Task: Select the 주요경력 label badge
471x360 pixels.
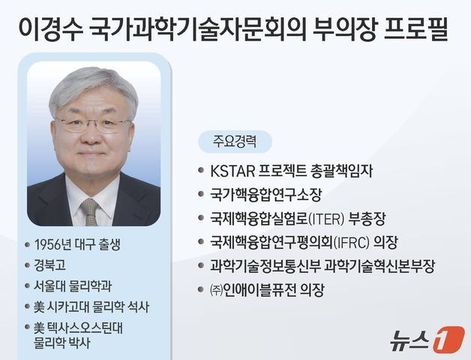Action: coord(234,141)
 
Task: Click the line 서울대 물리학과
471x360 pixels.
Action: coord(72,286)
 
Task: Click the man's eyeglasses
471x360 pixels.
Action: coord(93,123)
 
